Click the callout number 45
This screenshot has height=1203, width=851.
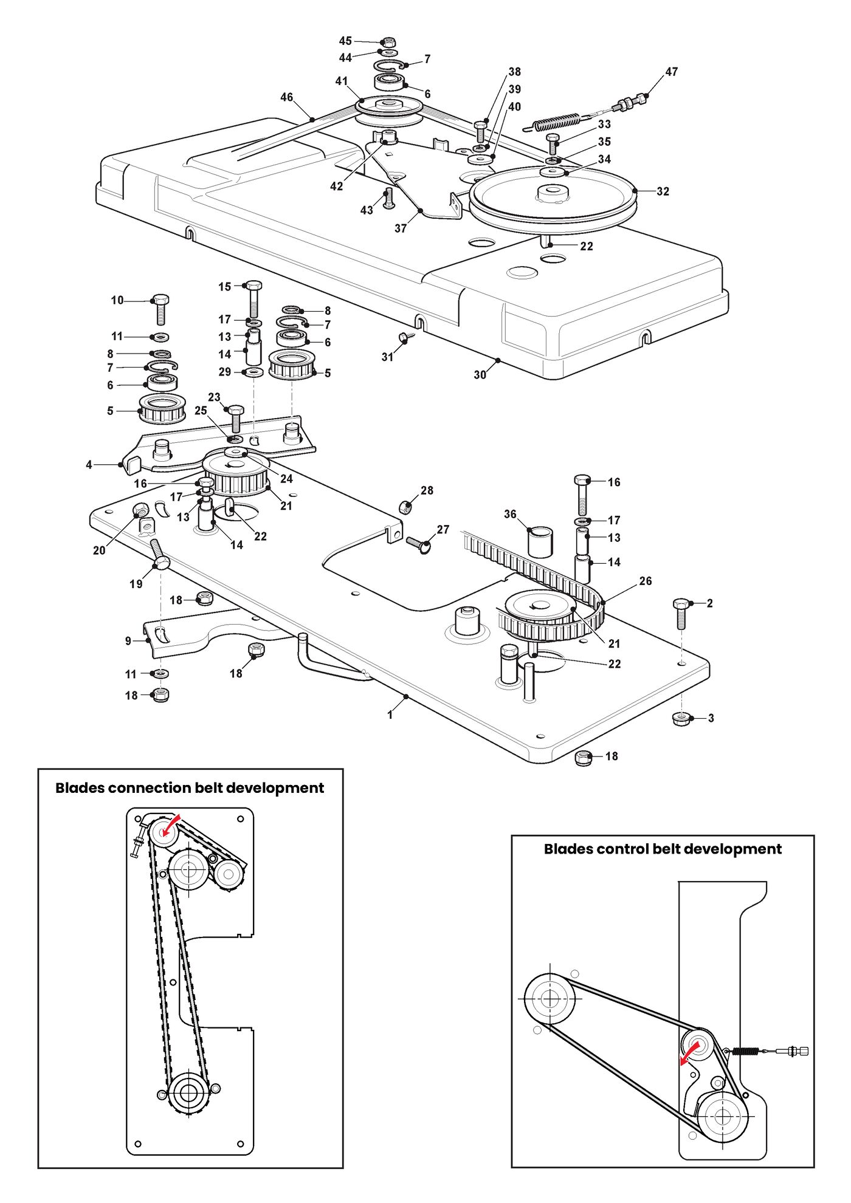(x=345, y=41)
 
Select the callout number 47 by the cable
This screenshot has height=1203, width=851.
(x=671, y=72)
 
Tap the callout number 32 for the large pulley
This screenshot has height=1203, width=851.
(x=663, y=191)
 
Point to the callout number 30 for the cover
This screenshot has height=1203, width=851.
(x=480, y=375)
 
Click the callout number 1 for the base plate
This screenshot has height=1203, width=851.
(x=390, y=715)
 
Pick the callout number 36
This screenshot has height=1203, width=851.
(x=510, y=514)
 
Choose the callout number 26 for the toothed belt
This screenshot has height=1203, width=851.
(x=646, y=581)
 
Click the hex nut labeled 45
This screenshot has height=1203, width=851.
(x=390, y=42)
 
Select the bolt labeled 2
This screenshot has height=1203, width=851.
(x=681, y=614)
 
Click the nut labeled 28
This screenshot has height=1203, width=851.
(x=406, y=506)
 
